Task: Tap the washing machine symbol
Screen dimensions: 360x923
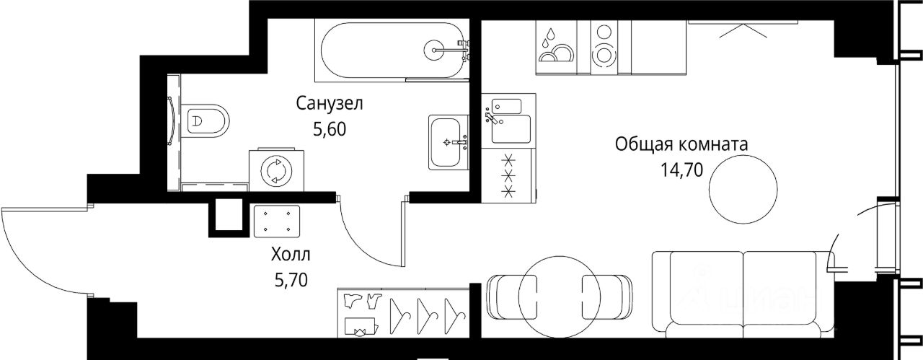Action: [273, 171]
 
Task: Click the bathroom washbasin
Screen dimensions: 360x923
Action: [448, 141]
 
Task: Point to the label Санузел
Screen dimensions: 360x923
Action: [330, 104]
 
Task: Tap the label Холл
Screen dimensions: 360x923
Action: [292, 255]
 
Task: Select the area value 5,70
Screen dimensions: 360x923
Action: [291, 279]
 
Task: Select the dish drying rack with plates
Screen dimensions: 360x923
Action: [554, 45]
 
